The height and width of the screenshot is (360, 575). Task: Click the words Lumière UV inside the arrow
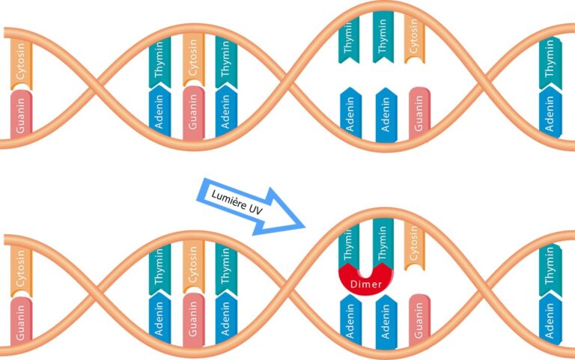[239, 204]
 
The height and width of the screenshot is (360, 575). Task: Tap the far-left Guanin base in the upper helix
[22, 115]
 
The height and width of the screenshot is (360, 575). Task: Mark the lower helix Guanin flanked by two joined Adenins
[193, 322]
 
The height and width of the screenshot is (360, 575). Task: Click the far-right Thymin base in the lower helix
[550, 265]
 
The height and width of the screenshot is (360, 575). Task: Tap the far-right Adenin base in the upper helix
[550, 112]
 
